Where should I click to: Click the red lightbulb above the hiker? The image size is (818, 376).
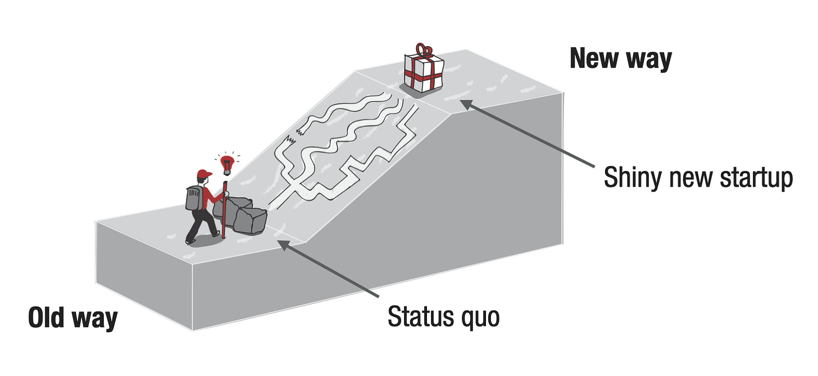click(227, 165)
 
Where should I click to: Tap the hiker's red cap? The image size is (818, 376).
click(204, 173)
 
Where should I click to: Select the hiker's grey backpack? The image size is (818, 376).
click(194, 198)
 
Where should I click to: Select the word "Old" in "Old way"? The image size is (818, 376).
click(47, 318)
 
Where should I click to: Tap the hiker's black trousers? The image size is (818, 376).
click(203, 225)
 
